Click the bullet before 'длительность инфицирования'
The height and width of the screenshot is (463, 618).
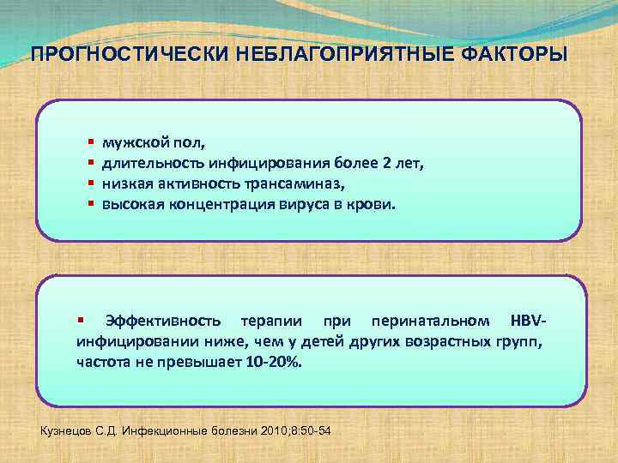(89, 161)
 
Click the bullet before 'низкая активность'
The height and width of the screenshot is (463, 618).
(89, 183)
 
